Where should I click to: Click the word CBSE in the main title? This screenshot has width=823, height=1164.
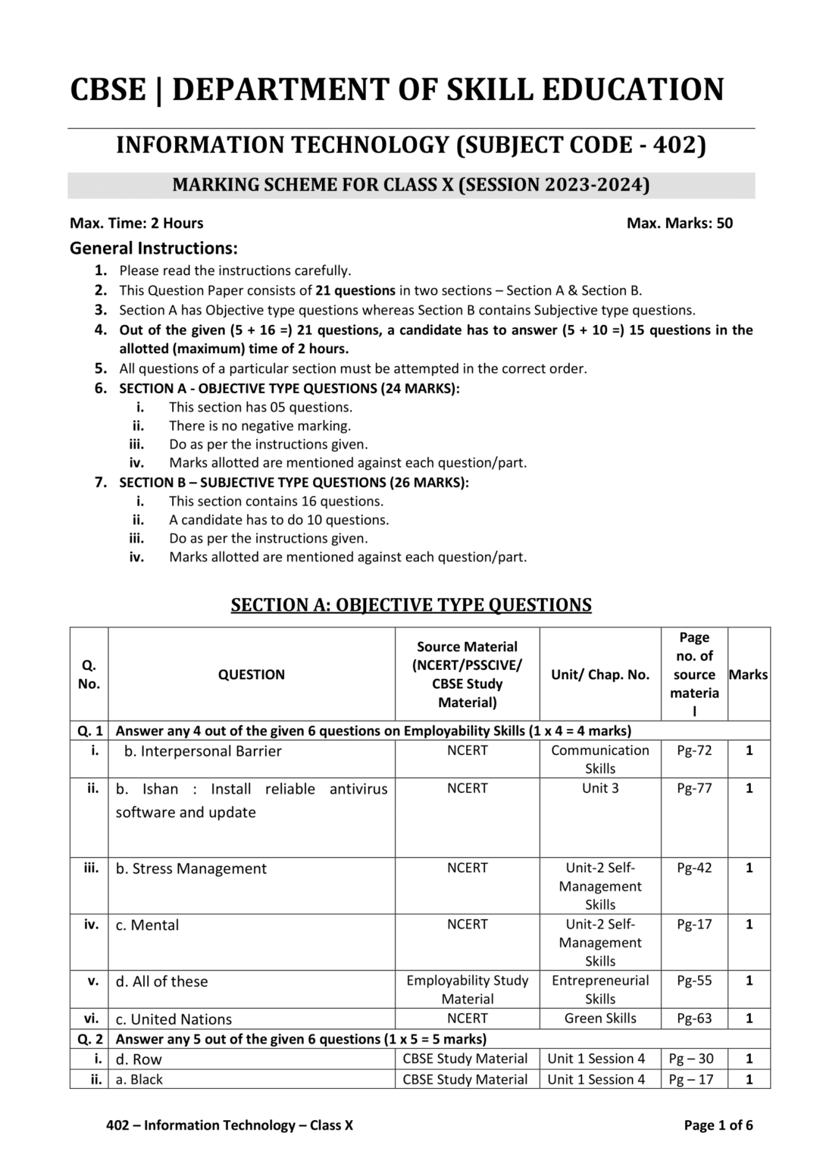tap(108, 89)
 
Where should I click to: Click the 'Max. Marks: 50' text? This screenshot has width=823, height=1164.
tap(680, 223)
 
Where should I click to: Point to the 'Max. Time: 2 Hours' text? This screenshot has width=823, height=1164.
tap(136, 223)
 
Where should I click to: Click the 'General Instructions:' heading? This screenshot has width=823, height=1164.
tap(154, 248)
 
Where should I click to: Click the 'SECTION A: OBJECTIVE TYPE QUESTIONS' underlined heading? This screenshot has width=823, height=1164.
tap(411, 605)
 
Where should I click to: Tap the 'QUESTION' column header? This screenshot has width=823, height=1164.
tap(251, 674)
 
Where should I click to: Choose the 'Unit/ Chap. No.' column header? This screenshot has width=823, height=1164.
tap(599, 674)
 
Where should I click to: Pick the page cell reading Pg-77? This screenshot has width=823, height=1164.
tap(694, 788)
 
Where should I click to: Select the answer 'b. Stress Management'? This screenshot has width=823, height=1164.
tap(191, 868)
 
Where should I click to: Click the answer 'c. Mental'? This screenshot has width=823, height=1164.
tap(147, 925)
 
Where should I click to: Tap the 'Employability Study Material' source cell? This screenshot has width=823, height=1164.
tap(467, 989)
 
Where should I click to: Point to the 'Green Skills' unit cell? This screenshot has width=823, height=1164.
tap(599, 1018)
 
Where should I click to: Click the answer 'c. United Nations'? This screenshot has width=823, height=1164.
tap(174, 1018)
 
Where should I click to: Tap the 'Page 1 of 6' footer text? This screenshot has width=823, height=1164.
tap(718, 1125)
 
